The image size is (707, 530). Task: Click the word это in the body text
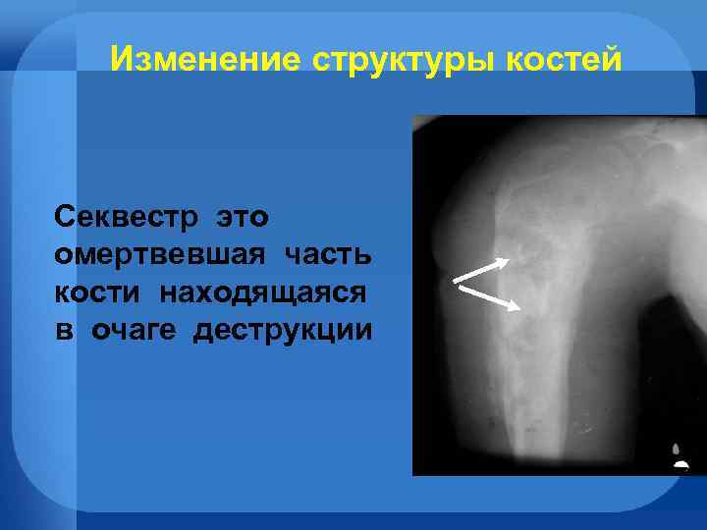[x=242, y=215]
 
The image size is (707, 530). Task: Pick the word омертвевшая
[x=160, y=254]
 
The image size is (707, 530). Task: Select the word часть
[x=328, y=254]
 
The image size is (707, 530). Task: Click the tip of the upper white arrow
[x=508, y=260]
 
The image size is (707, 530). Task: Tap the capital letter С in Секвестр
[x=65, y=215]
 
